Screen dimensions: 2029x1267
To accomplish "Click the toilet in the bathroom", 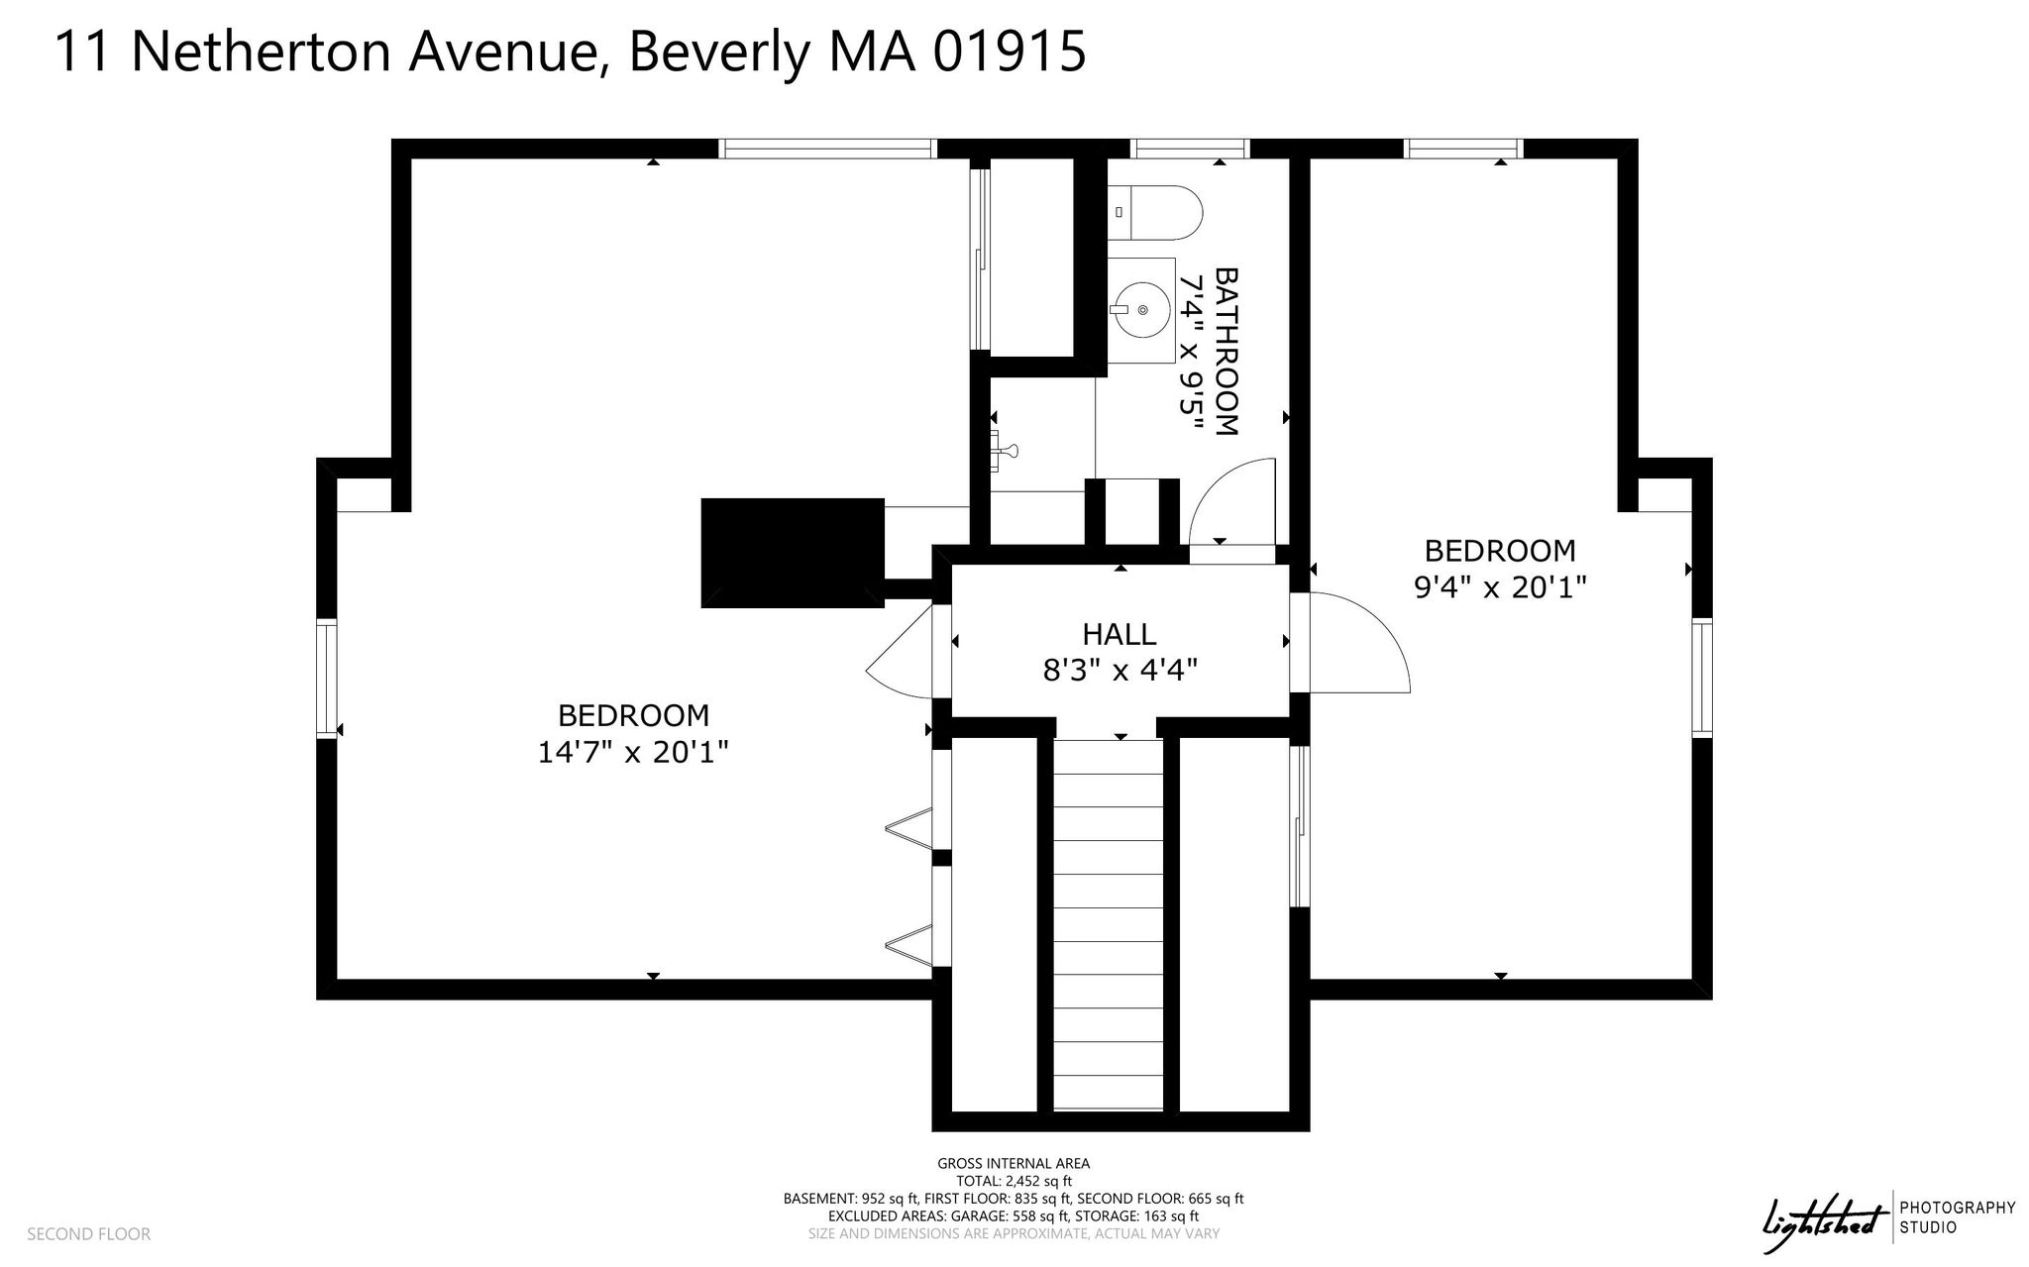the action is pos(1155,212).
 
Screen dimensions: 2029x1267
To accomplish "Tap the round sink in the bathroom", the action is pos(1142,310).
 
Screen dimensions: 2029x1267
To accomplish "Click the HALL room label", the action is pos(1120,634).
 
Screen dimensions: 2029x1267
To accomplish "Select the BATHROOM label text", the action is pos(1227,351).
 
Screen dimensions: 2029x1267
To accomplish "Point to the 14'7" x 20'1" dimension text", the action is pos(633,753).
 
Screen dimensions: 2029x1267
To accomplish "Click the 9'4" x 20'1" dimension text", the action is pos(1500,588).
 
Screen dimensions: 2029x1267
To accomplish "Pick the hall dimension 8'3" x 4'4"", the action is pos(1120,672).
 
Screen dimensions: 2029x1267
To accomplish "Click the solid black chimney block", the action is pos(793,553).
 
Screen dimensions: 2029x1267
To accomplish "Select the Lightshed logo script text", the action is pos(1822,1216).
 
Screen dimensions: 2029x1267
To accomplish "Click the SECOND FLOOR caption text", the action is pos(89,1234).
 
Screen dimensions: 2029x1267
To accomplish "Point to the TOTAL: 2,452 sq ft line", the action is pos(1014,1181).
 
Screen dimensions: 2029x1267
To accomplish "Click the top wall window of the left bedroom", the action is pos(827,149).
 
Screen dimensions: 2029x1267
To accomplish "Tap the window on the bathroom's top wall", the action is pos(1191,149).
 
